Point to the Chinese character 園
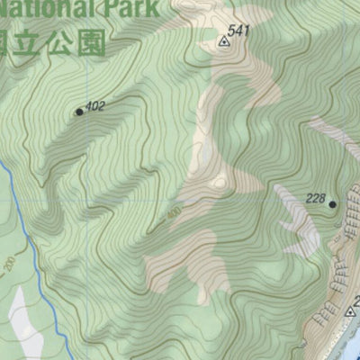click(91, 42)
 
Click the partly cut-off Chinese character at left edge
click(5, 42)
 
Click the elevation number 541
click(238, 31)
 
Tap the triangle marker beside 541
click(222, 40)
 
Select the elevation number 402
click(95, 106)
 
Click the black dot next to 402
click(79, 112)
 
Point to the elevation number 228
click(315, 199)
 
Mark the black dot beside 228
click(332, 204)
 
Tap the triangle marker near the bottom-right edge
click(350, 312)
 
